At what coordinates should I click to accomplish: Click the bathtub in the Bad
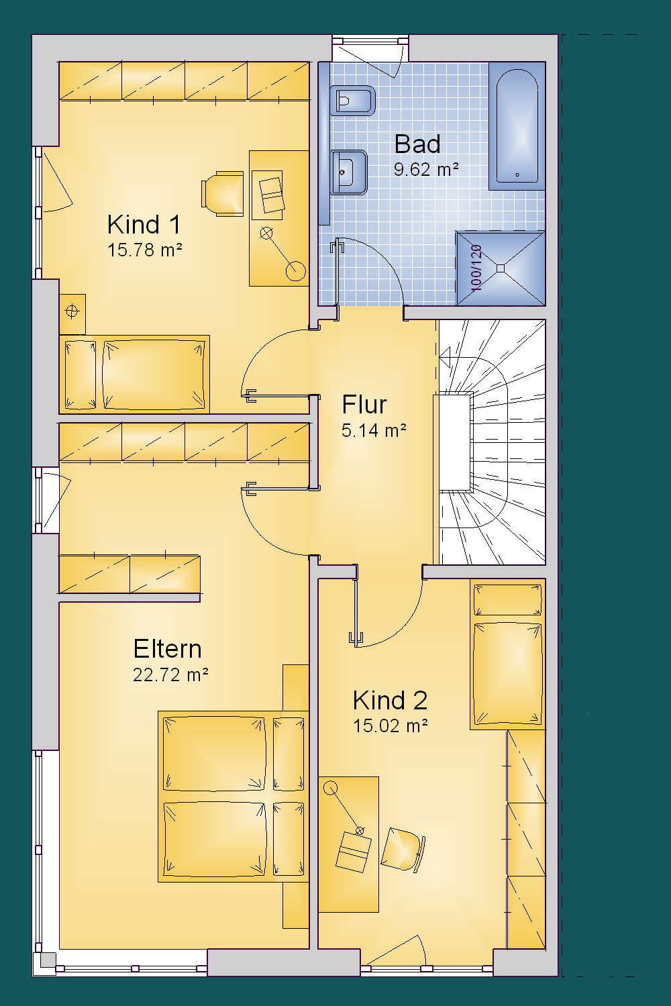[x=517, y=126]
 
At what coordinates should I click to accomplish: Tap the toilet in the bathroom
[x=352, y=101]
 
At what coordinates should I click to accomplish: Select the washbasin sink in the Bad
[x=348, y=172]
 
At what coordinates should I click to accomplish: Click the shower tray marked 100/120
[x=501, y=268]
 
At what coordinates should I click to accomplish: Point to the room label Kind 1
[x=144, y=224]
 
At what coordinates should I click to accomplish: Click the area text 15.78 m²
[x=145, y=250]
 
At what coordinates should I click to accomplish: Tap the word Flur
[x=364, y=405]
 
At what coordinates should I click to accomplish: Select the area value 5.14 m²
[x=374, y=430]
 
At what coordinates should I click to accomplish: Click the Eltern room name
[x=167, y=649]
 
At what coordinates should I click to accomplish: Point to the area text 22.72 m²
[x=170, y=674]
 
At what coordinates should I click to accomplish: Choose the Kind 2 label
[x=390, y=700]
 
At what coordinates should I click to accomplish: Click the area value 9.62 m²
[x=426, y=169]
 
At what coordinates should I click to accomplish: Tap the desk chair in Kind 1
[x=222, y=193]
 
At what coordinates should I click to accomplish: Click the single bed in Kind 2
[x=507, y=654]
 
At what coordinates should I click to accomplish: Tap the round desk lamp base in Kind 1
[x=295, y=271]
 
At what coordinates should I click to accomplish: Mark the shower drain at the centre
[x=501, y=268]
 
